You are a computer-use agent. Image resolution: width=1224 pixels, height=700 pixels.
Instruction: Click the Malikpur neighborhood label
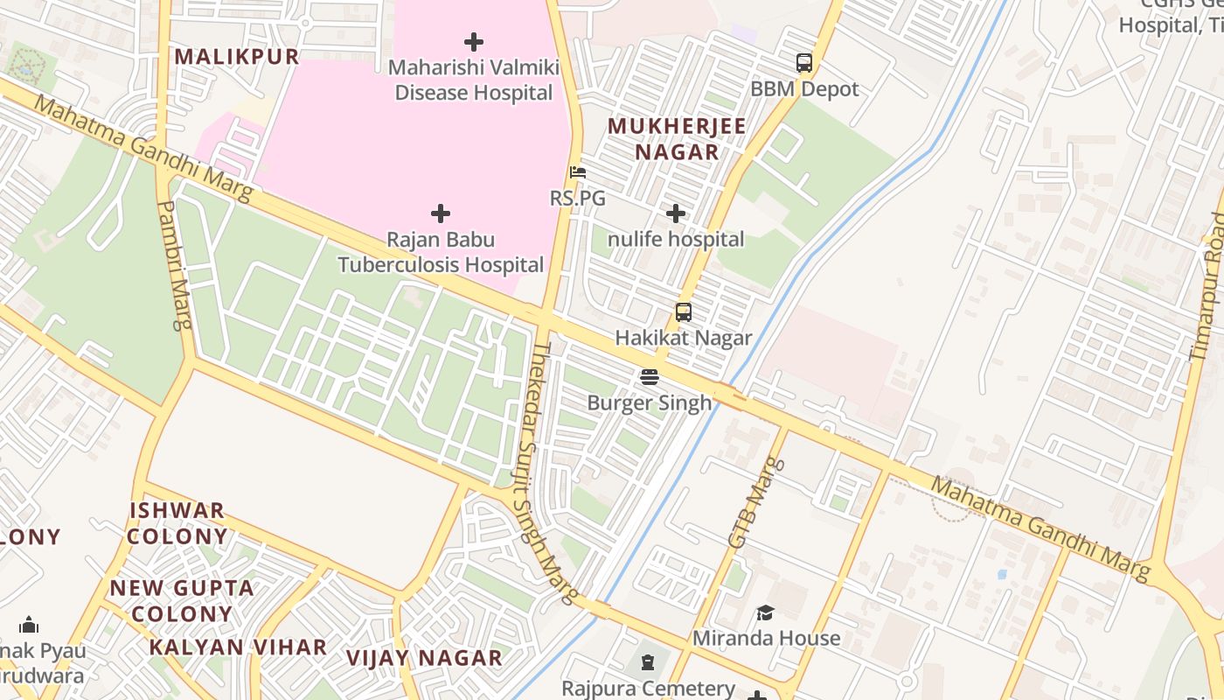(x=236, y=57)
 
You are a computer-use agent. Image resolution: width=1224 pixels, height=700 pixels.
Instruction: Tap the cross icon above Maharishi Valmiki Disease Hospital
(x=473, y=41)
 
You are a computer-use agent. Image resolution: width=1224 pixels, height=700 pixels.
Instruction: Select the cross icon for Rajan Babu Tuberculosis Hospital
(x=441, y=213)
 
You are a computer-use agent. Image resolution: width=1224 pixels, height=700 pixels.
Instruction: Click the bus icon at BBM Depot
(x=803, y=63)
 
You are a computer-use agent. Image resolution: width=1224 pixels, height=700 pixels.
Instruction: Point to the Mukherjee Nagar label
(x=677, y=138)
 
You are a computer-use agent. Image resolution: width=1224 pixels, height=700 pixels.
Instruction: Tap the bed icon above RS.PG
(x=577, y=172)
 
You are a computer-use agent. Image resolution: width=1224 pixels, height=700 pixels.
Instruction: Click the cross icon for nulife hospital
(x=675, y=213)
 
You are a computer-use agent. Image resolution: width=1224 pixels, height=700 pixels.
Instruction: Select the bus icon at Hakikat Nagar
(x=683, y=311)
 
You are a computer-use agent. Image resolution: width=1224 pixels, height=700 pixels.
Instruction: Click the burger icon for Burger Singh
(x=649, y=376)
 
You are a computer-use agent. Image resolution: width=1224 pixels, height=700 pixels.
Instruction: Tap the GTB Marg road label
(x=751, y=502)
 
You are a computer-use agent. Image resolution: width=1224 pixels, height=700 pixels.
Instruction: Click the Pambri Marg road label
(x=173, y=265)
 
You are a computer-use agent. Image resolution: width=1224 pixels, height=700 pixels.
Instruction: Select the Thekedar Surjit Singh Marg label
(x=554, y=472)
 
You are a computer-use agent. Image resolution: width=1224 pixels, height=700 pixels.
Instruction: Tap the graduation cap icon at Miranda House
(x=765, y=612)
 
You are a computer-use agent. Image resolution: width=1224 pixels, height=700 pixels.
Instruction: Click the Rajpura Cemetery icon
(x=647, y=662)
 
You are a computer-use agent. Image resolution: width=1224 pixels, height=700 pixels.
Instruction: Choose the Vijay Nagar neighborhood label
(x=424, y=658)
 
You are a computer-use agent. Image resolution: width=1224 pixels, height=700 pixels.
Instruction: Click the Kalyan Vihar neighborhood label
(x=237, y=647)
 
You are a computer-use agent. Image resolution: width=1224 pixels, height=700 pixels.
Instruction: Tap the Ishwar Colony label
(x=177, y=523)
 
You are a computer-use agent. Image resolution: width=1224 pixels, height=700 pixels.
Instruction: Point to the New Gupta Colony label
(x=182, y=600)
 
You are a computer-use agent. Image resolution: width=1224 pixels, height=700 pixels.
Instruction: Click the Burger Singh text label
(x=649, y=403)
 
